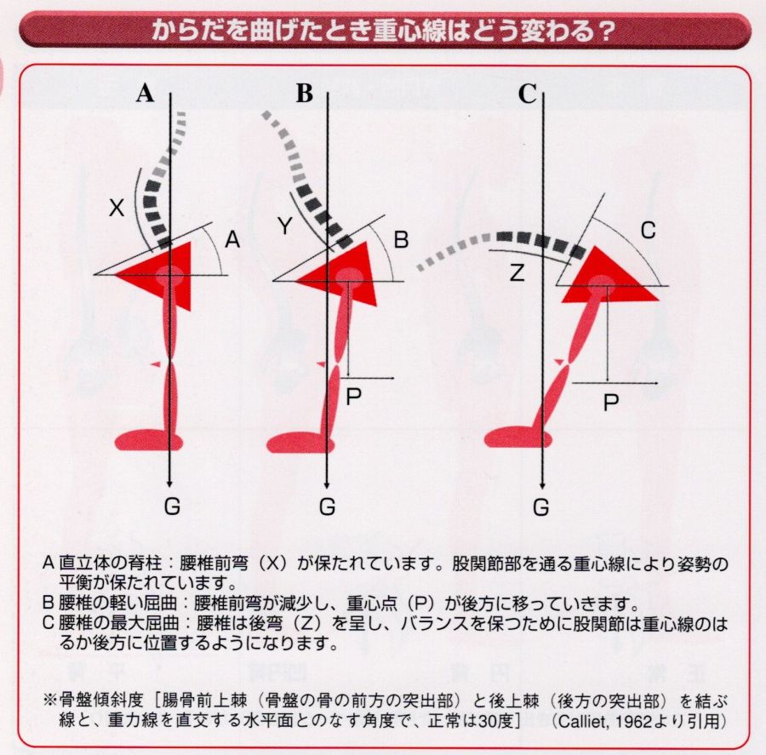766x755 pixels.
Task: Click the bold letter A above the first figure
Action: point(146,94)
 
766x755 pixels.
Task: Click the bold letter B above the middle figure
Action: point(304,94)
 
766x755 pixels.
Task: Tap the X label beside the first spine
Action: point(118,207)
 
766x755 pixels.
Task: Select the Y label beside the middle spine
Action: point(284,226)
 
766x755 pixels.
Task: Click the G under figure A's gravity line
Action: point(172,507)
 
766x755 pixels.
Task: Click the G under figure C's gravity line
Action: point(541,507)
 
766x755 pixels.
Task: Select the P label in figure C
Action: point(610,402)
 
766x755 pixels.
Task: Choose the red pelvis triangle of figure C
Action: point(607,277)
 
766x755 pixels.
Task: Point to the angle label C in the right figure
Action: point(648,229)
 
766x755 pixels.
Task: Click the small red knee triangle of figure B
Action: point(320,363)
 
